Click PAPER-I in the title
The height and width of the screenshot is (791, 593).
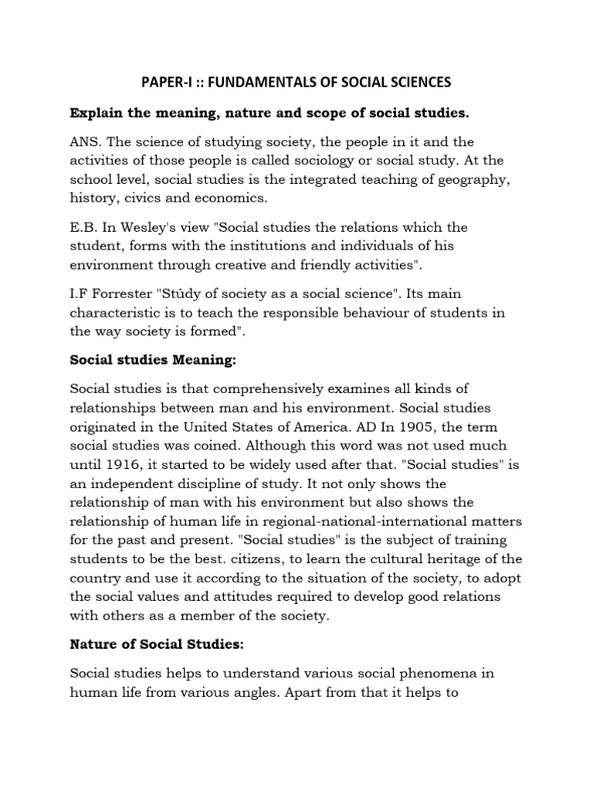tap(163, 81)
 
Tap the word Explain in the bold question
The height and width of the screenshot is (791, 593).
tap(97, 114)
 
